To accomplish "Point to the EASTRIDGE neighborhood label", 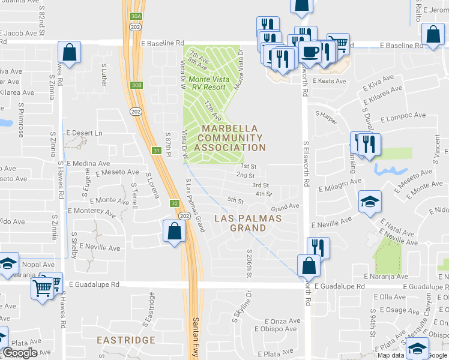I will coord(127,340).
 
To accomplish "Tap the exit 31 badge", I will coord(156,151).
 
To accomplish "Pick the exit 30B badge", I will coord(137,86).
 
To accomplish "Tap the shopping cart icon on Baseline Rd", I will coord(338,43).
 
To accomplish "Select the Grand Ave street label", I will coord(285,207).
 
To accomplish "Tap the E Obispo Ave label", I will coord(276,329).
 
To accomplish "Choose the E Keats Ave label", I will coord(330,81).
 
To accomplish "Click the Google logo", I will coord(20,353).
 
